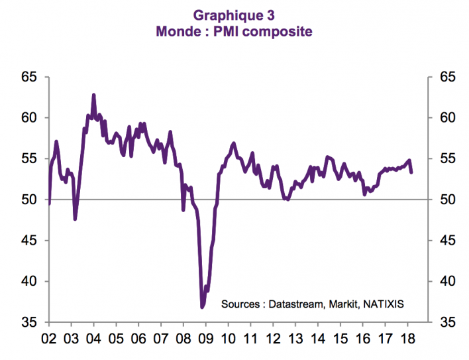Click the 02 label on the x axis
[48, 337]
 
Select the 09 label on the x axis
[205, 337]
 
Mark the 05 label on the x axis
[116, 337]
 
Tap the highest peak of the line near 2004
[93, 95]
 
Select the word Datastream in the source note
[291, 304]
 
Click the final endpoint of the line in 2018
[412, 172]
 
